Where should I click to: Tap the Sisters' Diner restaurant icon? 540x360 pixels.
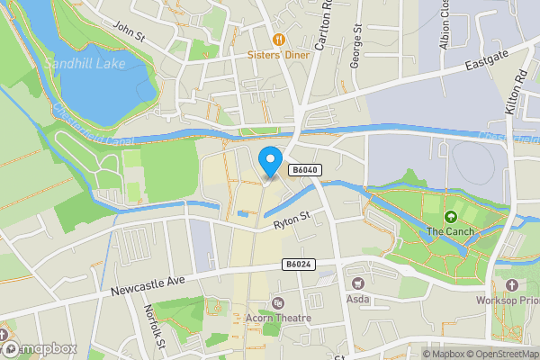point(279,39)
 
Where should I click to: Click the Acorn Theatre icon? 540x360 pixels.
point(276,303)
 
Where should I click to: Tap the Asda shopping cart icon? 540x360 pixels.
point(357,270)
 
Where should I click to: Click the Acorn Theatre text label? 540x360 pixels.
point(277,319)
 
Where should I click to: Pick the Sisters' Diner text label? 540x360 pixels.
point(279,55)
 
